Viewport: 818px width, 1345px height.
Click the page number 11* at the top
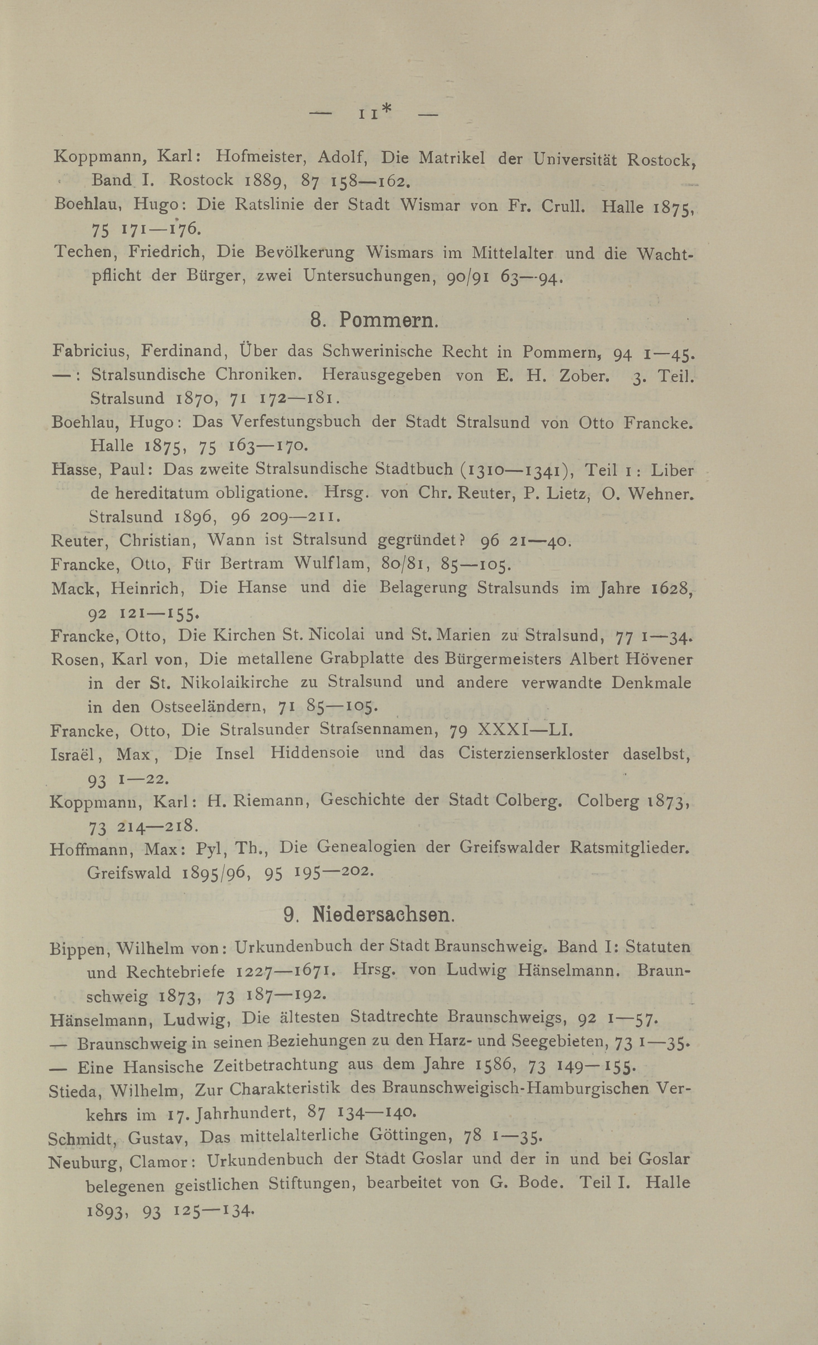375,113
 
